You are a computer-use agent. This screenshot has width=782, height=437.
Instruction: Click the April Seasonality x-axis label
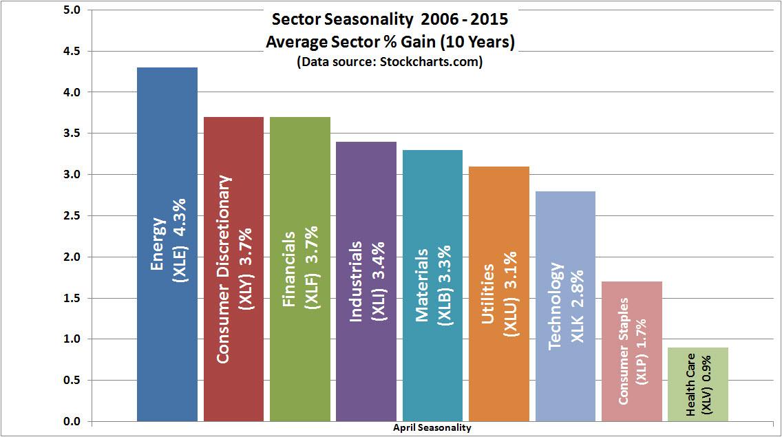tap(432, 428)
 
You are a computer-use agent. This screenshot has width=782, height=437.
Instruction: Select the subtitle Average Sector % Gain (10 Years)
tap(390, 42)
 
